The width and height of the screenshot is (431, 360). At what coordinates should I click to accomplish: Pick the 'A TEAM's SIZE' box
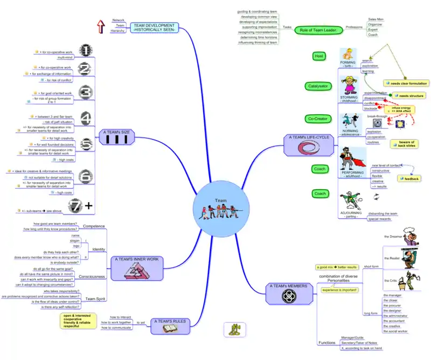click(x=117, y=136)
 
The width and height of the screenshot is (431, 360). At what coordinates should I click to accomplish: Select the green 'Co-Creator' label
click(x=317, y=119)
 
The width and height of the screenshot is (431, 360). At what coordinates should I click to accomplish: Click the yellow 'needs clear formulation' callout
click(x=406, y=84)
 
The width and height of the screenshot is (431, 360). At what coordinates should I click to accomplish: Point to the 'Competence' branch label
click(x=93, y=226)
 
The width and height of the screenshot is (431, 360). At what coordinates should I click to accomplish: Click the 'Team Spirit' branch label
click(x=95, y=299)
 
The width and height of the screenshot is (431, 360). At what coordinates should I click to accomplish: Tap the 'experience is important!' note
click(x=339, y=290)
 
